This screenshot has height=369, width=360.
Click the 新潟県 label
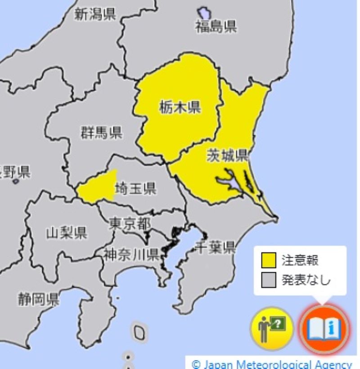(x=95, y=14)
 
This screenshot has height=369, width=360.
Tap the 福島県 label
(x=216, y=27)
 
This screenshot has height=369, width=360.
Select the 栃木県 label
(x=180, y=108)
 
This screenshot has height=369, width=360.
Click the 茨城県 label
(x=227, y=155)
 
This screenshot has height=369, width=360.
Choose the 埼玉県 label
(x=136, y=189)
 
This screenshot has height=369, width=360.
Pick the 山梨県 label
(x=67, y=233)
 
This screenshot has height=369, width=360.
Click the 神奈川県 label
(x=130, y=255)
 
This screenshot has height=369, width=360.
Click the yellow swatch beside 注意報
(x=269, y=260)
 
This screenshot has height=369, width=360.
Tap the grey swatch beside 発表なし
(x=269, y=280)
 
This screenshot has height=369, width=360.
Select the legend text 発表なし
(x=306, y=280)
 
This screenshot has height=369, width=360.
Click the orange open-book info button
(x=324, y=328)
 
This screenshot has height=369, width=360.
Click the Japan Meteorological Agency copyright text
(x=272, y=364)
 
